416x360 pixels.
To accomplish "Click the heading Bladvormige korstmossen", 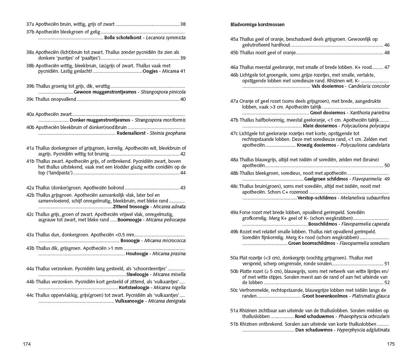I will click(257, 25).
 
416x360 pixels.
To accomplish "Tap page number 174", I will click(27, 344).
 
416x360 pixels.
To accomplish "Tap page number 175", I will click(391, 344).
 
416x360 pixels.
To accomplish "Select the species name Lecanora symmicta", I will click(165, 38).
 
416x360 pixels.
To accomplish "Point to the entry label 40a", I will click(30, 114).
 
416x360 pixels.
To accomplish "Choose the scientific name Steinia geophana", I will click(167, 133).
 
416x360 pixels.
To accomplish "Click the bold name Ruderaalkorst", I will click(131, 133).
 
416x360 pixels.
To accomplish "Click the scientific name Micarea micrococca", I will click(164, 241).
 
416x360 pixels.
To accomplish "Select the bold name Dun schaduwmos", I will click(314, 330).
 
